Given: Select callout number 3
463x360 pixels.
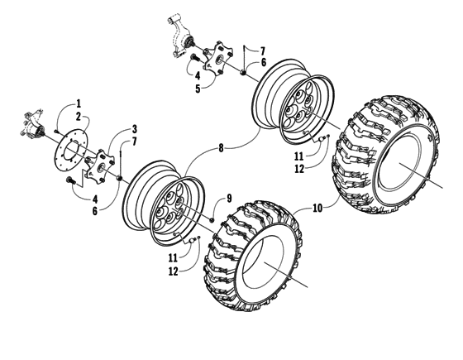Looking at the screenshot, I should point(134,130).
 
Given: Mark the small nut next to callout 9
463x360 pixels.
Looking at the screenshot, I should point(213,218).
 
